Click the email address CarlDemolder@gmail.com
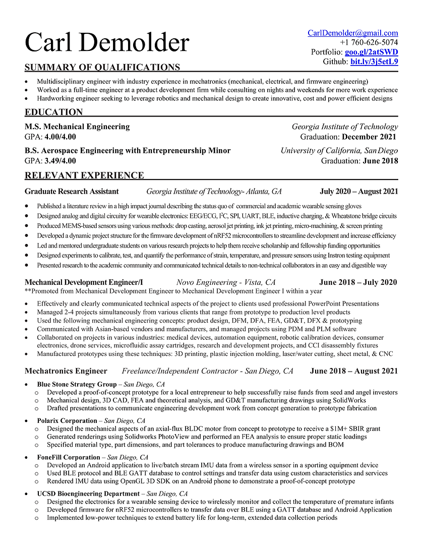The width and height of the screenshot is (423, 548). tap(352, 33)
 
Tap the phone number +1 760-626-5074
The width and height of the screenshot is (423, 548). tap(369, 42)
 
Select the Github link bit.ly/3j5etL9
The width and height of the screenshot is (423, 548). tap(374, 62)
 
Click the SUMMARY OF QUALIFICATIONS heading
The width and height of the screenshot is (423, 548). tap(102, 67)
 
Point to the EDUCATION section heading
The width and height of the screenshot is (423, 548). tap(54, 112)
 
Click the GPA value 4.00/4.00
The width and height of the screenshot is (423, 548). tap(61, 137)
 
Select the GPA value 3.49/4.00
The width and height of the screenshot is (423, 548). tap(61, 161)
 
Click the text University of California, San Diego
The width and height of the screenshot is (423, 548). tap(339, 150)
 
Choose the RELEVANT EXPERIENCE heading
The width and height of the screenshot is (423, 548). tap(84, 175)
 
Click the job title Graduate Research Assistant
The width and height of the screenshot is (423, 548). tap(72, 191)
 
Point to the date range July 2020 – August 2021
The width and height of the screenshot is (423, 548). tap(358, 191)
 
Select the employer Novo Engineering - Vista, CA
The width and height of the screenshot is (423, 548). tap(226, 282)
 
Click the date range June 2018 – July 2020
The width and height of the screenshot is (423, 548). tap(357, 282)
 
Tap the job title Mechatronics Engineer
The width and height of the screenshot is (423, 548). tap(66, 371)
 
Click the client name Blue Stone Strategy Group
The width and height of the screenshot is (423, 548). tap(77, 384)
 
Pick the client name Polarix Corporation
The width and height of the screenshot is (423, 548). tap(67, 420)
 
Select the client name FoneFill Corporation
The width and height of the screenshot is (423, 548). tap(69, 457)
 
